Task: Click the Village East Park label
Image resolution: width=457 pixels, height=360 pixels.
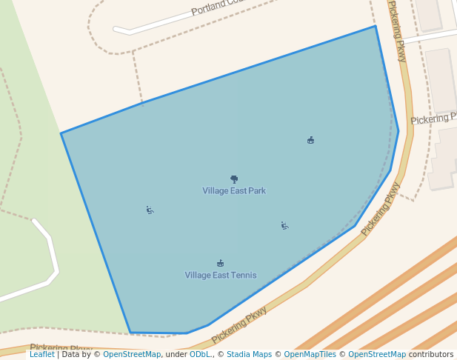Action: (x=234, y=191)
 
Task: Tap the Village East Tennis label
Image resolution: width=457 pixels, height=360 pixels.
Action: (x=221, y=276)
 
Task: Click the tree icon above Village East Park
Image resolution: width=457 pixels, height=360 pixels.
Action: (x=234, y=179)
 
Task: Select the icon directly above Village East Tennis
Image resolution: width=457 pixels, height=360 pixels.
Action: (x=220, y=263)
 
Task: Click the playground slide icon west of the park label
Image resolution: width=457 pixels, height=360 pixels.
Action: (x=150, y=210)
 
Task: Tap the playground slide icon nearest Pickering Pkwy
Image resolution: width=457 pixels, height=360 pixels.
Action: (x=284, y=225)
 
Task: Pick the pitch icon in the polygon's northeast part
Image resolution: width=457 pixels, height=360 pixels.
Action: (x=310, y=140)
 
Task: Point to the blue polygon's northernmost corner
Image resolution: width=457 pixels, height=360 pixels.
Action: (x=376, y=27)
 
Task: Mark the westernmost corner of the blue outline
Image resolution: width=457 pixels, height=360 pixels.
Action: (x=61, y=133)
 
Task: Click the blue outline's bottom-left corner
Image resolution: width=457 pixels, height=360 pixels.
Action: (x=130, y=333)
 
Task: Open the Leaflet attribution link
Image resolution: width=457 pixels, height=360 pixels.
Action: (x=42, y=355)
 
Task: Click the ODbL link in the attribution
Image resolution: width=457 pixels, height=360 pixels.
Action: (x=200, y=355)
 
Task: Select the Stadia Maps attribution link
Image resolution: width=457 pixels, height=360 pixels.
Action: (x=249, y=355)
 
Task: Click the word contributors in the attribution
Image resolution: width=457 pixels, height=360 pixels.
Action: (x=431, y=355)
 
